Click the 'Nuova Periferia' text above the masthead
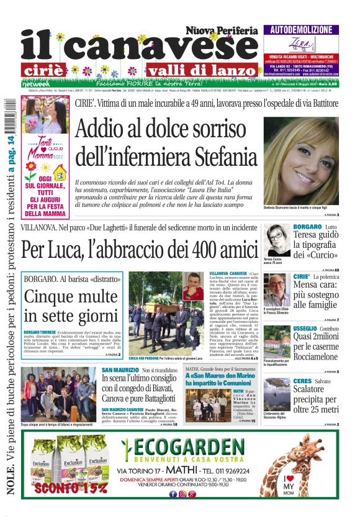221,29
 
